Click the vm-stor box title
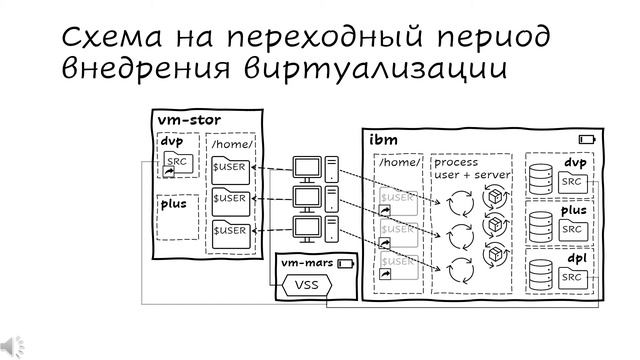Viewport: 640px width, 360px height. point(189,120)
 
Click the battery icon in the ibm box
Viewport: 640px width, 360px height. point(586,139)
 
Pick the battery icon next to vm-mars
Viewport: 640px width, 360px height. point(346,264)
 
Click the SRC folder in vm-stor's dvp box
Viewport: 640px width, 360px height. point(177,164)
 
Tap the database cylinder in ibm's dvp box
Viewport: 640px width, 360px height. point(540,179)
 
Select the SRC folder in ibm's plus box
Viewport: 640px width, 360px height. point(572,229)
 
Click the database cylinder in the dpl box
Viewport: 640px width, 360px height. point(540,274)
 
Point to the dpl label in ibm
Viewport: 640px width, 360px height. point(576,257)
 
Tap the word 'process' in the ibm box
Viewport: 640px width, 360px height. point(456,161)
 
